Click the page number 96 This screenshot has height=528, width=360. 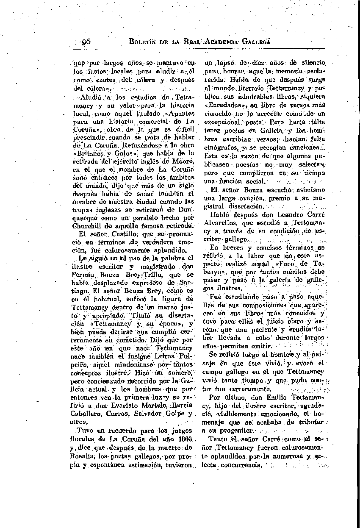pos(87,42)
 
